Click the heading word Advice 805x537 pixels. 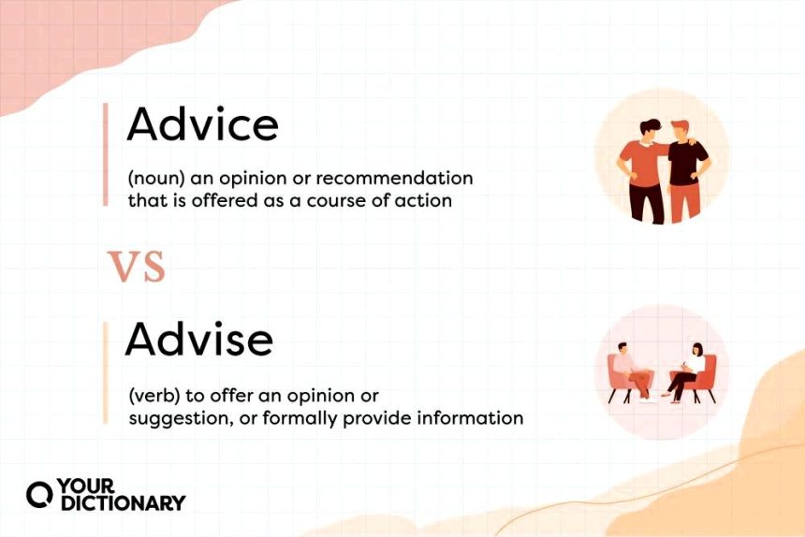click(202, 123)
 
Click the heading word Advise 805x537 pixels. click(199, 339)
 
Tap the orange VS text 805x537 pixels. click(137, 267)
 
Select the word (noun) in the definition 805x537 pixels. click(156, 179)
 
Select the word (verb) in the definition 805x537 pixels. click(154, 396)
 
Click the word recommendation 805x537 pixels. click(394, 178)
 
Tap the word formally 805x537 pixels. click(300, 418)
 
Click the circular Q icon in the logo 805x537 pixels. click(39, 495)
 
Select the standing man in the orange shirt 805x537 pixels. click(643, 172)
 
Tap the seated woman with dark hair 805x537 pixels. click(685, 372)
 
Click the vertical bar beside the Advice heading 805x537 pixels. click(106, 154)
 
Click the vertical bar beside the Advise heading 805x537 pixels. click(106, 373)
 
